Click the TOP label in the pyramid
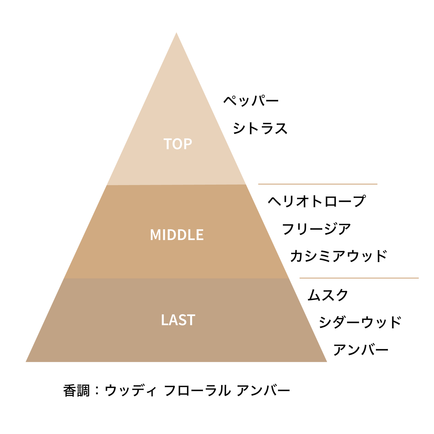click(178, 144)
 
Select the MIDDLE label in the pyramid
click(177, 235)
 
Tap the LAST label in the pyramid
click(178, 320)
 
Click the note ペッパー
click(251, 100)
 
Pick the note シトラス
click(260, 128)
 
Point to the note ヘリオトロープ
click(317, 201)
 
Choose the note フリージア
click(317, 229)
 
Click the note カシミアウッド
click(338, 256)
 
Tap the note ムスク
click(328, 295)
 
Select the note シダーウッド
click(360, 322)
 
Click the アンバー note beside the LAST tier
click(361, 350)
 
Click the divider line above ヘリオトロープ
click(317, 184)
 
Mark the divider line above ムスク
click(359, 278)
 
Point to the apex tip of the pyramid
click(176, 33)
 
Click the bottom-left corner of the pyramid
click(26, 362)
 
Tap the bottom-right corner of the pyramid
click(327, 362)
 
